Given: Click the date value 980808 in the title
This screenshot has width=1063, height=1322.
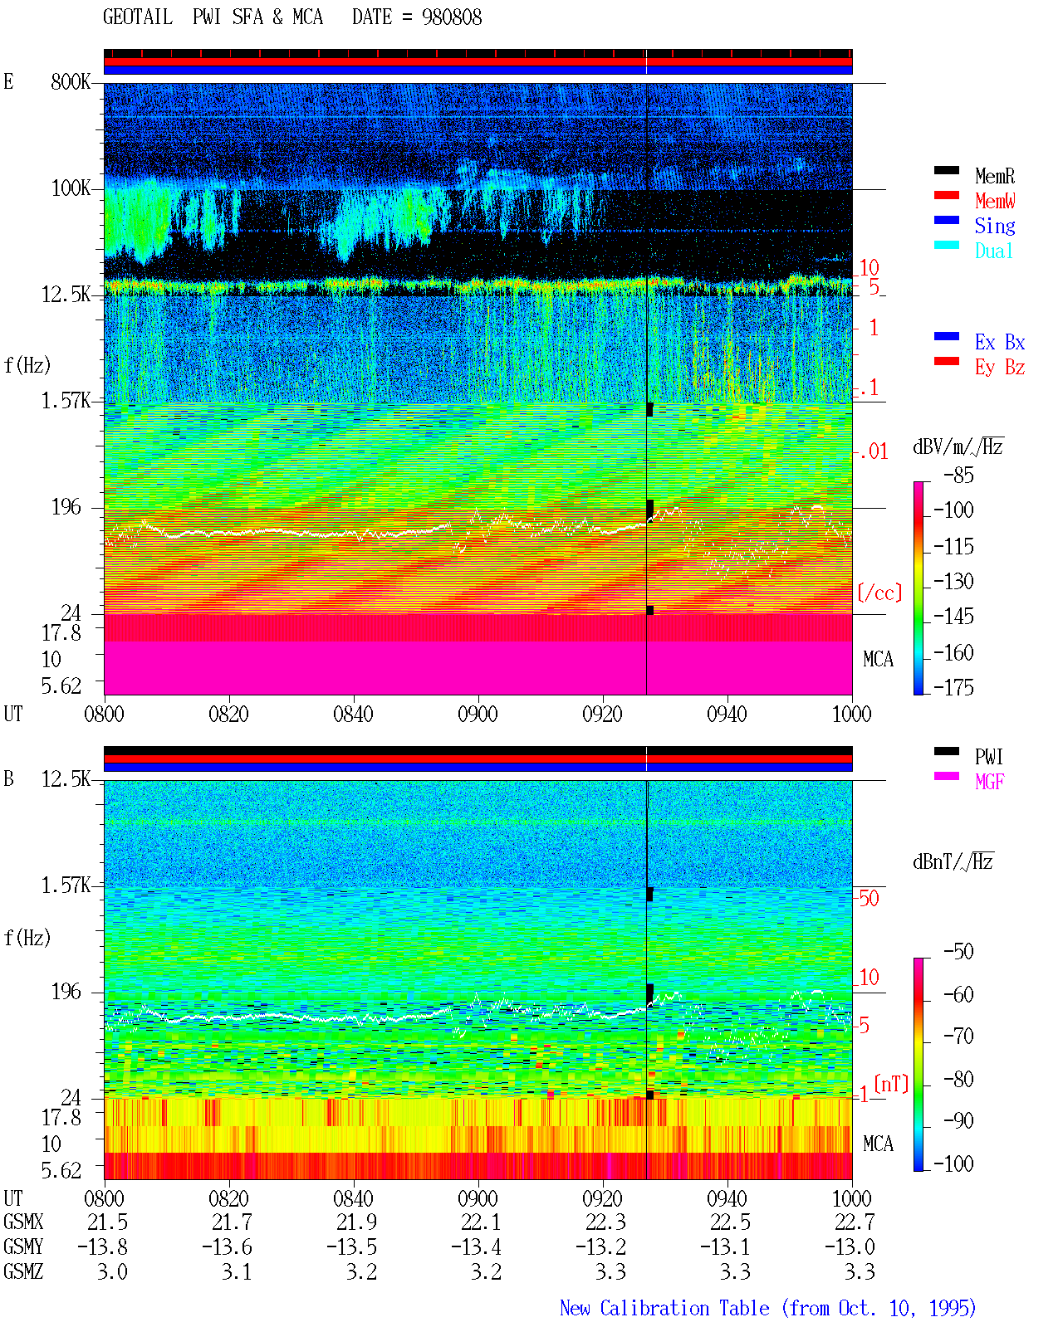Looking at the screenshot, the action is [x=452, y=17].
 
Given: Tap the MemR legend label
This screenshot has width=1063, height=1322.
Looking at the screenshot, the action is [x=995, y=176].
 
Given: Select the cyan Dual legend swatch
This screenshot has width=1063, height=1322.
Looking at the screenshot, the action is [x=946, y=245].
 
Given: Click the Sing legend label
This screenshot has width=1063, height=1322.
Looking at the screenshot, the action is [x=995, y=226].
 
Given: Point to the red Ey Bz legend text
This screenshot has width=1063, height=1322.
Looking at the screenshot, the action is [x=1000, y=368].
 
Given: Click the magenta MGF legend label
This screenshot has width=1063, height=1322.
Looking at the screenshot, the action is [x=990, y=782].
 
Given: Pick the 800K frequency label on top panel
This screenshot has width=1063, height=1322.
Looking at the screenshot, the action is [x=71, y=81].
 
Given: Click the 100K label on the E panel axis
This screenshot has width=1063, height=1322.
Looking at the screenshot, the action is [x=71, y=188].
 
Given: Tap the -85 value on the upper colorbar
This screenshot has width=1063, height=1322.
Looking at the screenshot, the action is [x=958, y=476].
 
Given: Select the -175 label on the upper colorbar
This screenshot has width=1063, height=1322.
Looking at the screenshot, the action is [x=953, y=687].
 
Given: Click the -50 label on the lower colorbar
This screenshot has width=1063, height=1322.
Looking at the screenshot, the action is [x=958, y=952].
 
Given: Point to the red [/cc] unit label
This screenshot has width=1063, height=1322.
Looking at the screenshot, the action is [x=879, y=593].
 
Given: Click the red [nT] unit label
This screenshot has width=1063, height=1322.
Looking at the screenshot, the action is [x=891, y=1083].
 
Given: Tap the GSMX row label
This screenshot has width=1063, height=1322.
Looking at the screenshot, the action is [x=23, y=1222].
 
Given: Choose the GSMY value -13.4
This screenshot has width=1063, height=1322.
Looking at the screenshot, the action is [x=476, y=1247].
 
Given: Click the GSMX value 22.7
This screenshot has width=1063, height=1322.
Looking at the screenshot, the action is [x=855, y=1222].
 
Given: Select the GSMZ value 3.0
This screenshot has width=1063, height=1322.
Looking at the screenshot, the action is [x=112, y=1271].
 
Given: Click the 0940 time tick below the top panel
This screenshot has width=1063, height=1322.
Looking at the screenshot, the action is [x=727, y=715].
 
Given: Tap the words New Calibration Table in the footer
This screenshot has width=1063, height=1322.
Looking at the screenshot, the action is [x=664, y=1309].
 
